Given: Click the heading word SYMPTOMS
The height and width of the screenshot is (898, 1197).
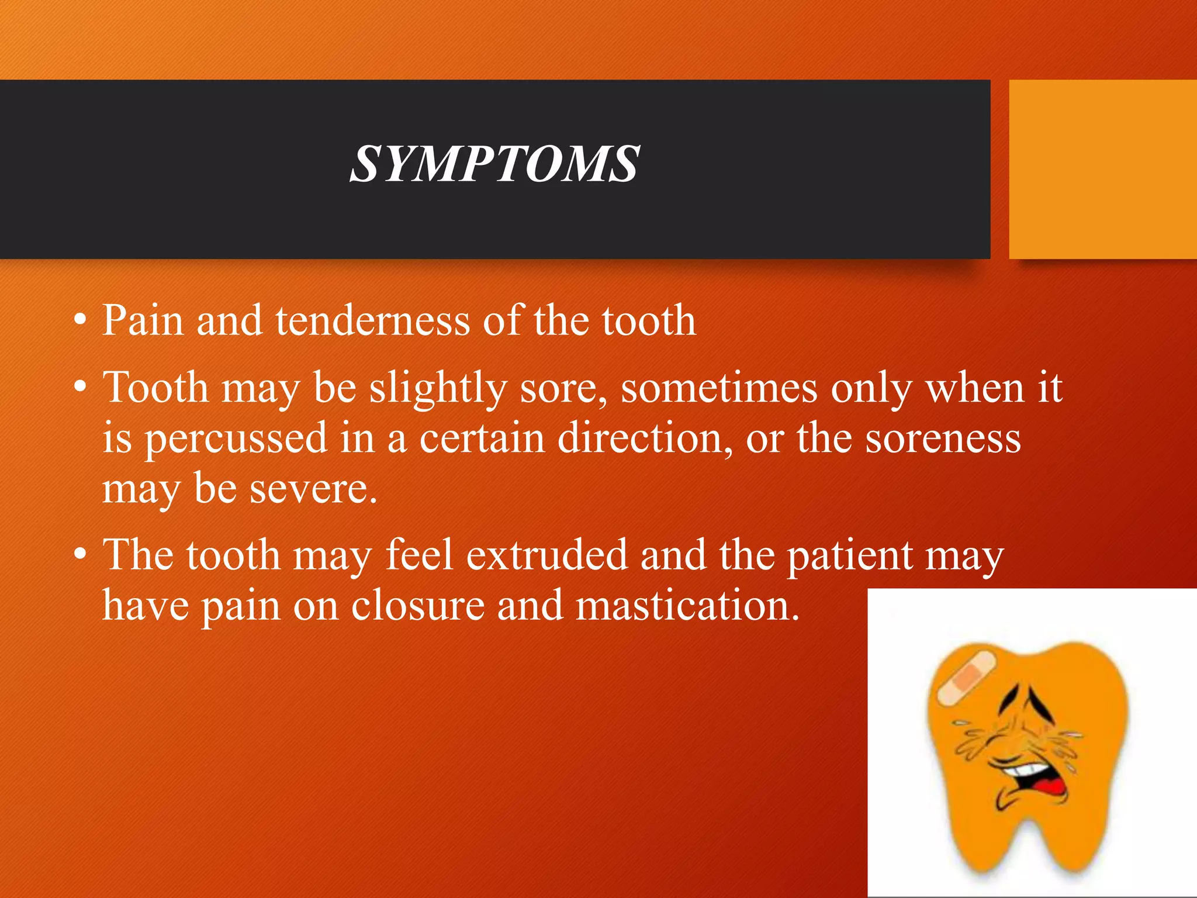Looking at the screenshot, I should tap(494, 165).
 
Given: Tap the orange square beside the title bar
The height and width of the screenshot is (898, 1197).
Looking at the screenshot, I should tap(1103, 170).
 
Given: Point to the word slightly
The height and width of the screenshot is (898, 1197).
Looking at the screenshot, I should tap(438, 389).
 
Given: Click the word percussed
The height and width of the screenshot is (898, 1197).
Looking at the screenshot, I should tap(236, 439).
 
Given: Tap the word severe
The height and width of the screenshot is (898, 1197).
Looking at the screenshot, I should tap(313, 489).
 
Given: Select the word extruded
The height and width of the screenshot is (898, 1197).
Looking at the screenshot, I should tap(546, 555).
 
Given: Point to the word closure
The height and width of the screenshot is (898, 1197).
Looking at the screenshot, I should tap(418, 606).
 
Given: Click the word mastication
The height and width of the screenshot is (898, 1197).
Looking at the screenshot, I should tap(687, 606).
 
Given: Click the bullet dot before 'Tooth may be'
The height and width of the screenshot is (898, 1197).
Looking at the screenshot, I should tap(80, 388).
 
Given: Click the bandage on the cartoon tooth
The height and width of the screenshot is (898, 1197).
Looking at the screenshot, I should tap(967, 676).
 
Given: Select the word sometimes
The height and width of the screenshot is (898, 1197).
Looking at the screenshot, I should tap(719, 388).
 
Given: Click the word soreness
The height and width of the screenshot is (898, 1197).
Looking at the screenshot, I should tap(943, 439).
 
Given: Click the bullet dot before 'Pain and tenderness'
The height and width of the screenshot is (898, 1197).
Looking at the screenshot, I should tap(80, 321).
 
